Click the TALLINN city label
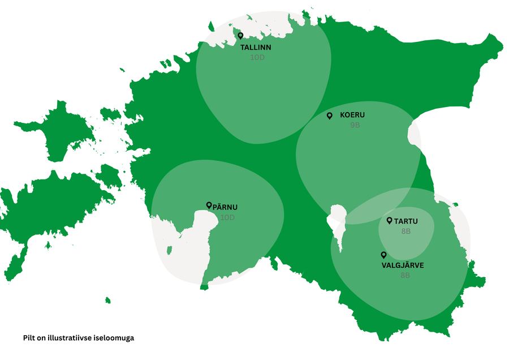tap(256, 48)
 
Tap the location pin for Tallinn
tap(240, 36)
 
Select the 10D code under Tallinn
tap(257, 57)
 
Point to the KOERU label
tap(352, 115)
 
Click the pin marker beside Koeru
tap(330, 115)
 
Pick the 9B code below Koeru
tap(355, 125)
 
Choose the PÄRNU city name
tap(225, 207)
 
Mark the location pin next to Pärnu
tap(209, 205)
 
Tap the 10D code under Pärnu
tap(227, 217)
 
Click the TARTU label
tap(406, 221)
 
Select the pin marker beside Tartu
tap(389, 221)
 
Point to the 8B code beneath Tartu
tap(405, 232)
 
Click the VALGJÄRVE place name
tap(403, 265)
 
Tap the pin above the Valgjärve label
tap(383, 255)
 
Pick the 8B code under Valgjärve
tap(405, 275)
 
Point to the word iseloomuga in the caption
tap(116, 337)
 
